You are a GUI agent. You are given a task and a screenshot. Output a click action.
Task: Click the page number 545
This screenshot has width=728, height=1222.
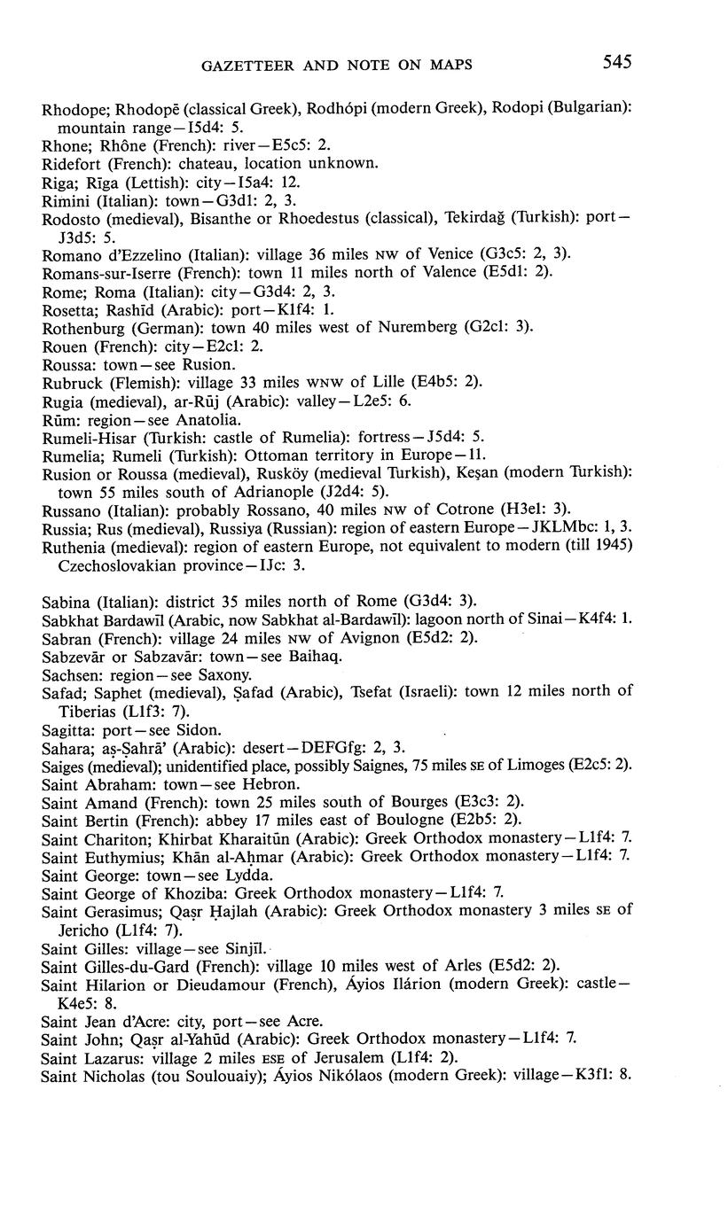pyautogui.click(x=617, y=61)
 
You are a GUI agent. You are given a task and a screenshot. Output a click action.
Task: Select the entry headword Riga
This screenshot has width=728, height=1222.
pyautogui.click(x=55, y=181)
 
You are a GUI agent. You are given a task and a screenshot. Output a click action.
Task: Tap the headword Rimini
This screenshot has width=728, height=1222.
pyautogui.click(x=64, y=200)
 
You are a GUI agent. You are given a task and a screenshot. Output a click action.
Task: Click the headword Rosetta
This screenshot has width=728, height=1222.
pyautogui.click(x=65, y=309)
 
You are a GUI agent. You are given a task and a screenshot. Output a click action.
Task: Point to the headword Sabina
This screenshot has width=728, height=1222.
pyautogui.click(x=63, y=601)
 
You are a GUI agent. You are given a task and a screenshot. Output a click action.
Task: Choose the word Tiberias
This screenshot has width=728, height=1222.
pyautogui.click(x=87, y=711)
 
